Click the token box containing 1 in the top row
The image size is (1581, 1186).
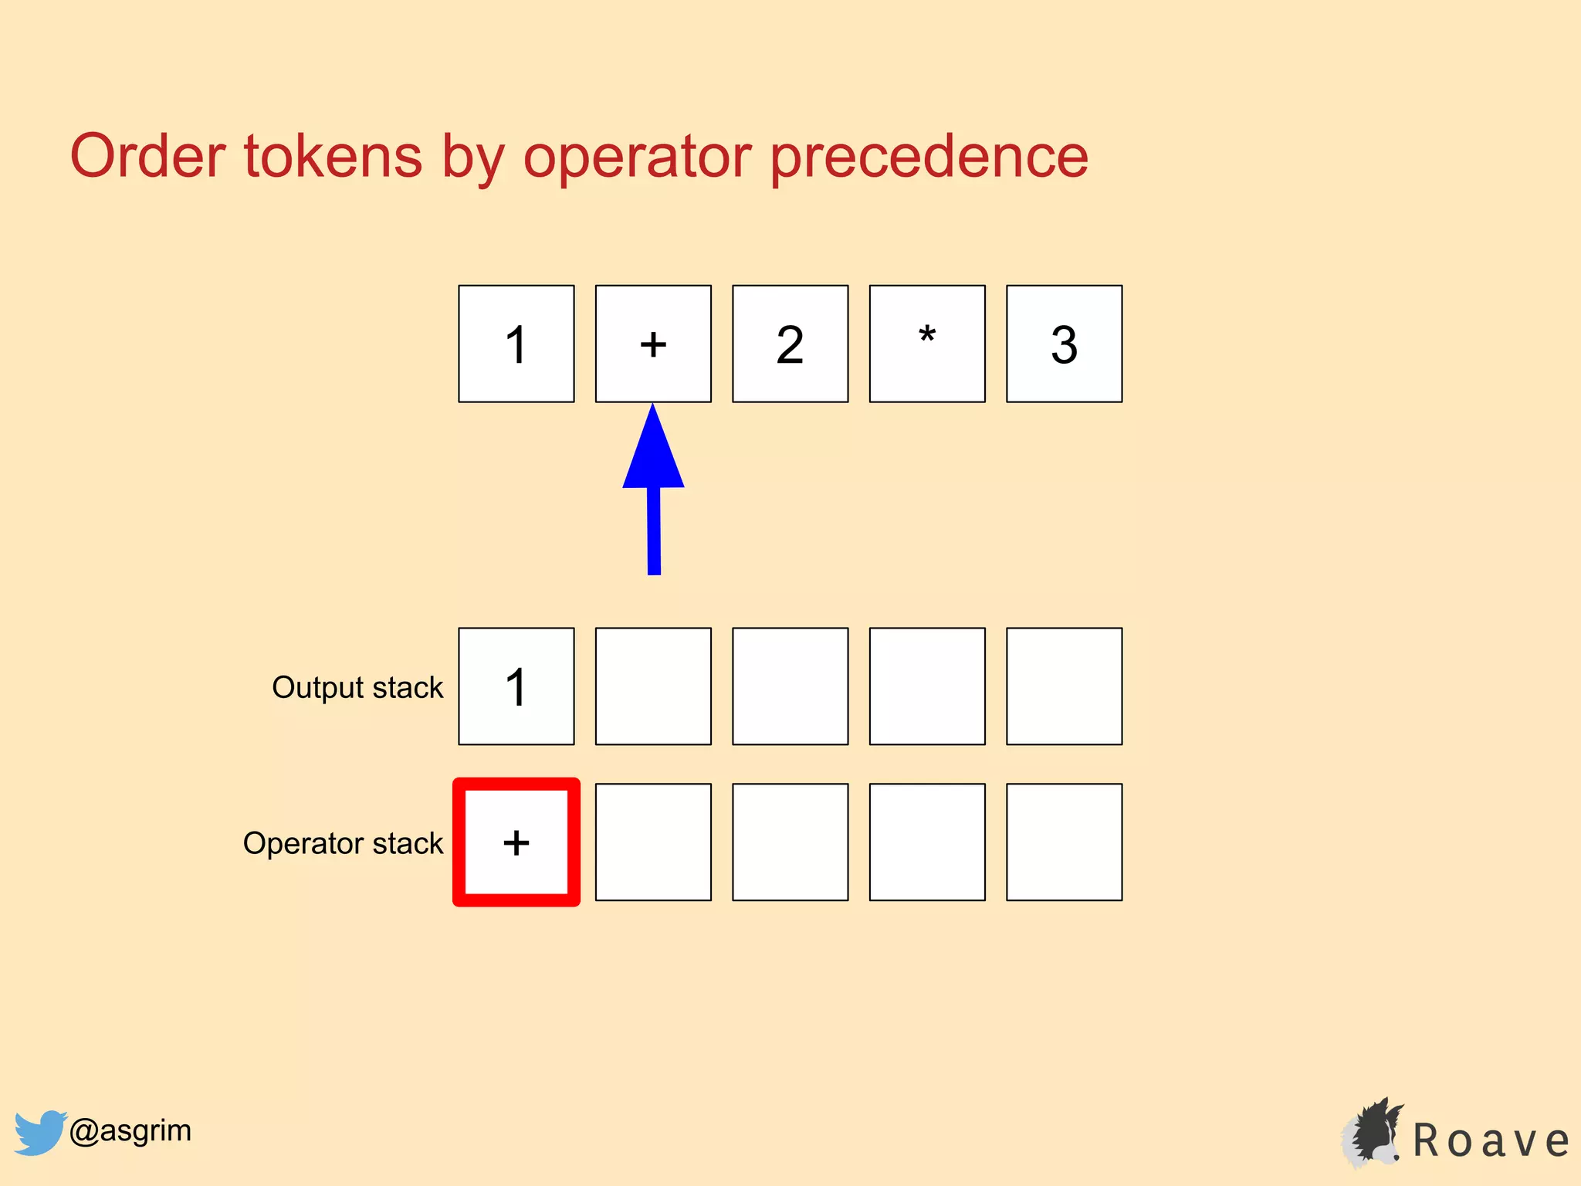point(516,344)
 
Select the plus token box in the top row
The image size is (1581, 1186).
point(653,344)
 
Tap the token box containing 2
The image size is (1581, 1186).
point(790,344)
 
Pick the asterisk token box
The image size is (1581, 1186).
point(927,344)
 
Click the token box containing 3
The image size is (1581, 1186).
point(1064,344)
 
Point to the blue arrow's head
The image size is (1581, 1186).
point(653,452)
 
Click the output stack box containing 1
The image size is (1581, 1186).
point(516,686)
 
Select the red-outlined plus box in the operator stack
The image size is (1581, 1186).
point(516,842)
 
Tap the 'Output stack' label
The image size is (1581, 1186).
point(357,687)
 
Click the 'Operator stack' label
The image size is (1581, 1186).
point(343,843)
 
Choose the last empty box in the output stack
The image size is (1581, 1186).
point(1064,686)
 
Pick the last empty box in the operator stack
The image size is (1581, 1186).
point(1064,842)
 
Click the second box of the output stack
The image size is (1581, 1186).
point(653,686)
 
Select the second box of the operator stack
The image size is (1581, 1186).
point(653,842)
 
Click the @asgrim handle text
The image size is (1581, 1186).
point(130,1130)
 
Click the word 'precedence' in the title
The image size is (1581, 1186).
point(929,157)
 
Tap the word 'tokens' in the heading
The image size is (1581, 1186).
point(333,157)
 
